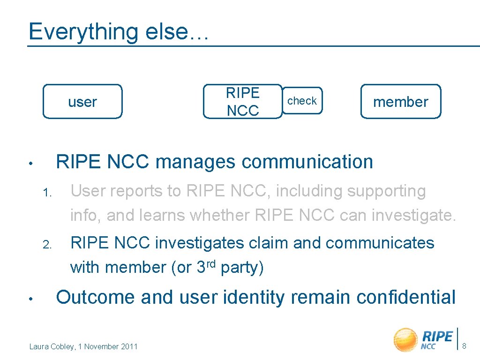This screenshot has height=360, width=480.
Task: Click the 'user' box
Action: pos(82,101)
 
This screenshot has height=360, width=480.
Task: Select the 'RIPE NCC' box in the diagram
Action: pos(242,101)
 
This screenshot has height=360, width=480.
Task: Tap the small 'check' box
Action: pos(302,101)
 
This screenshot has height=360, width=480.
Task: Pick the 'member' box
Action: pos(400,101)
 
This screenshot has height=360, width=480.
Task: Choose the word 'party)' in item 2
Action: pos(242,268)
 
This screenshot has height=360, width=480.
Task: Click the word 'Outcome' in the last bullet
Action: pos(96,297)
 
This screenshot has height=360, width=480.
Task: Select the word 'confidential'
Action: pos(406,297)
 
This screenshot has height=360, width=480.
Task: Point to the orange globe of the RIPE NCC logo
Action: pos(405,340)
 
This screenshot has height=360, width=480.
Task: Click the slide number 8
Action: pos(464,346)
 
